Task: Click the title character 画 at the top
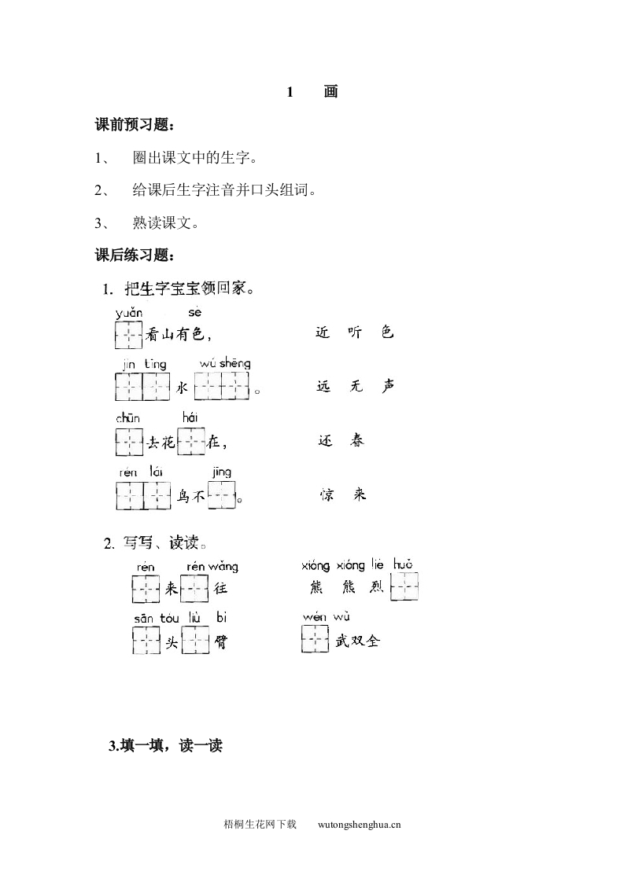[330, 92]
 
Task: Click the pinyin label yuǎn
[129, 312]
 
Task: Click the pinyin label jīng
[221, 472]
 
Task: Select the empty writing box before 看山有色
[128, 335]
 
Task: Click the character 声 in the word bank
[387, 386]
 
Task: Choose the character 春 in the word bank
[356, 441]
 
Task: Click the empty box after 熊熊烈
[404, 586]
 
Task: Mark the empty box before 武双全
[315, 640]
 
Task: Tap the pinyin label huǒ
[402, 564]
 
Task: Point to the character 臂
[221, 642]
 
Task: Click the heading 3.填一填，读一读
[165, 746]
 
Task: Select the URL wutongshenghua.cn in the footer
[360, 825]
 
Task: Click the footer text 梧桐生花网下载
[260, 825]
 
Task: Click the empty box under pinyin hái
[192, 441]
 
